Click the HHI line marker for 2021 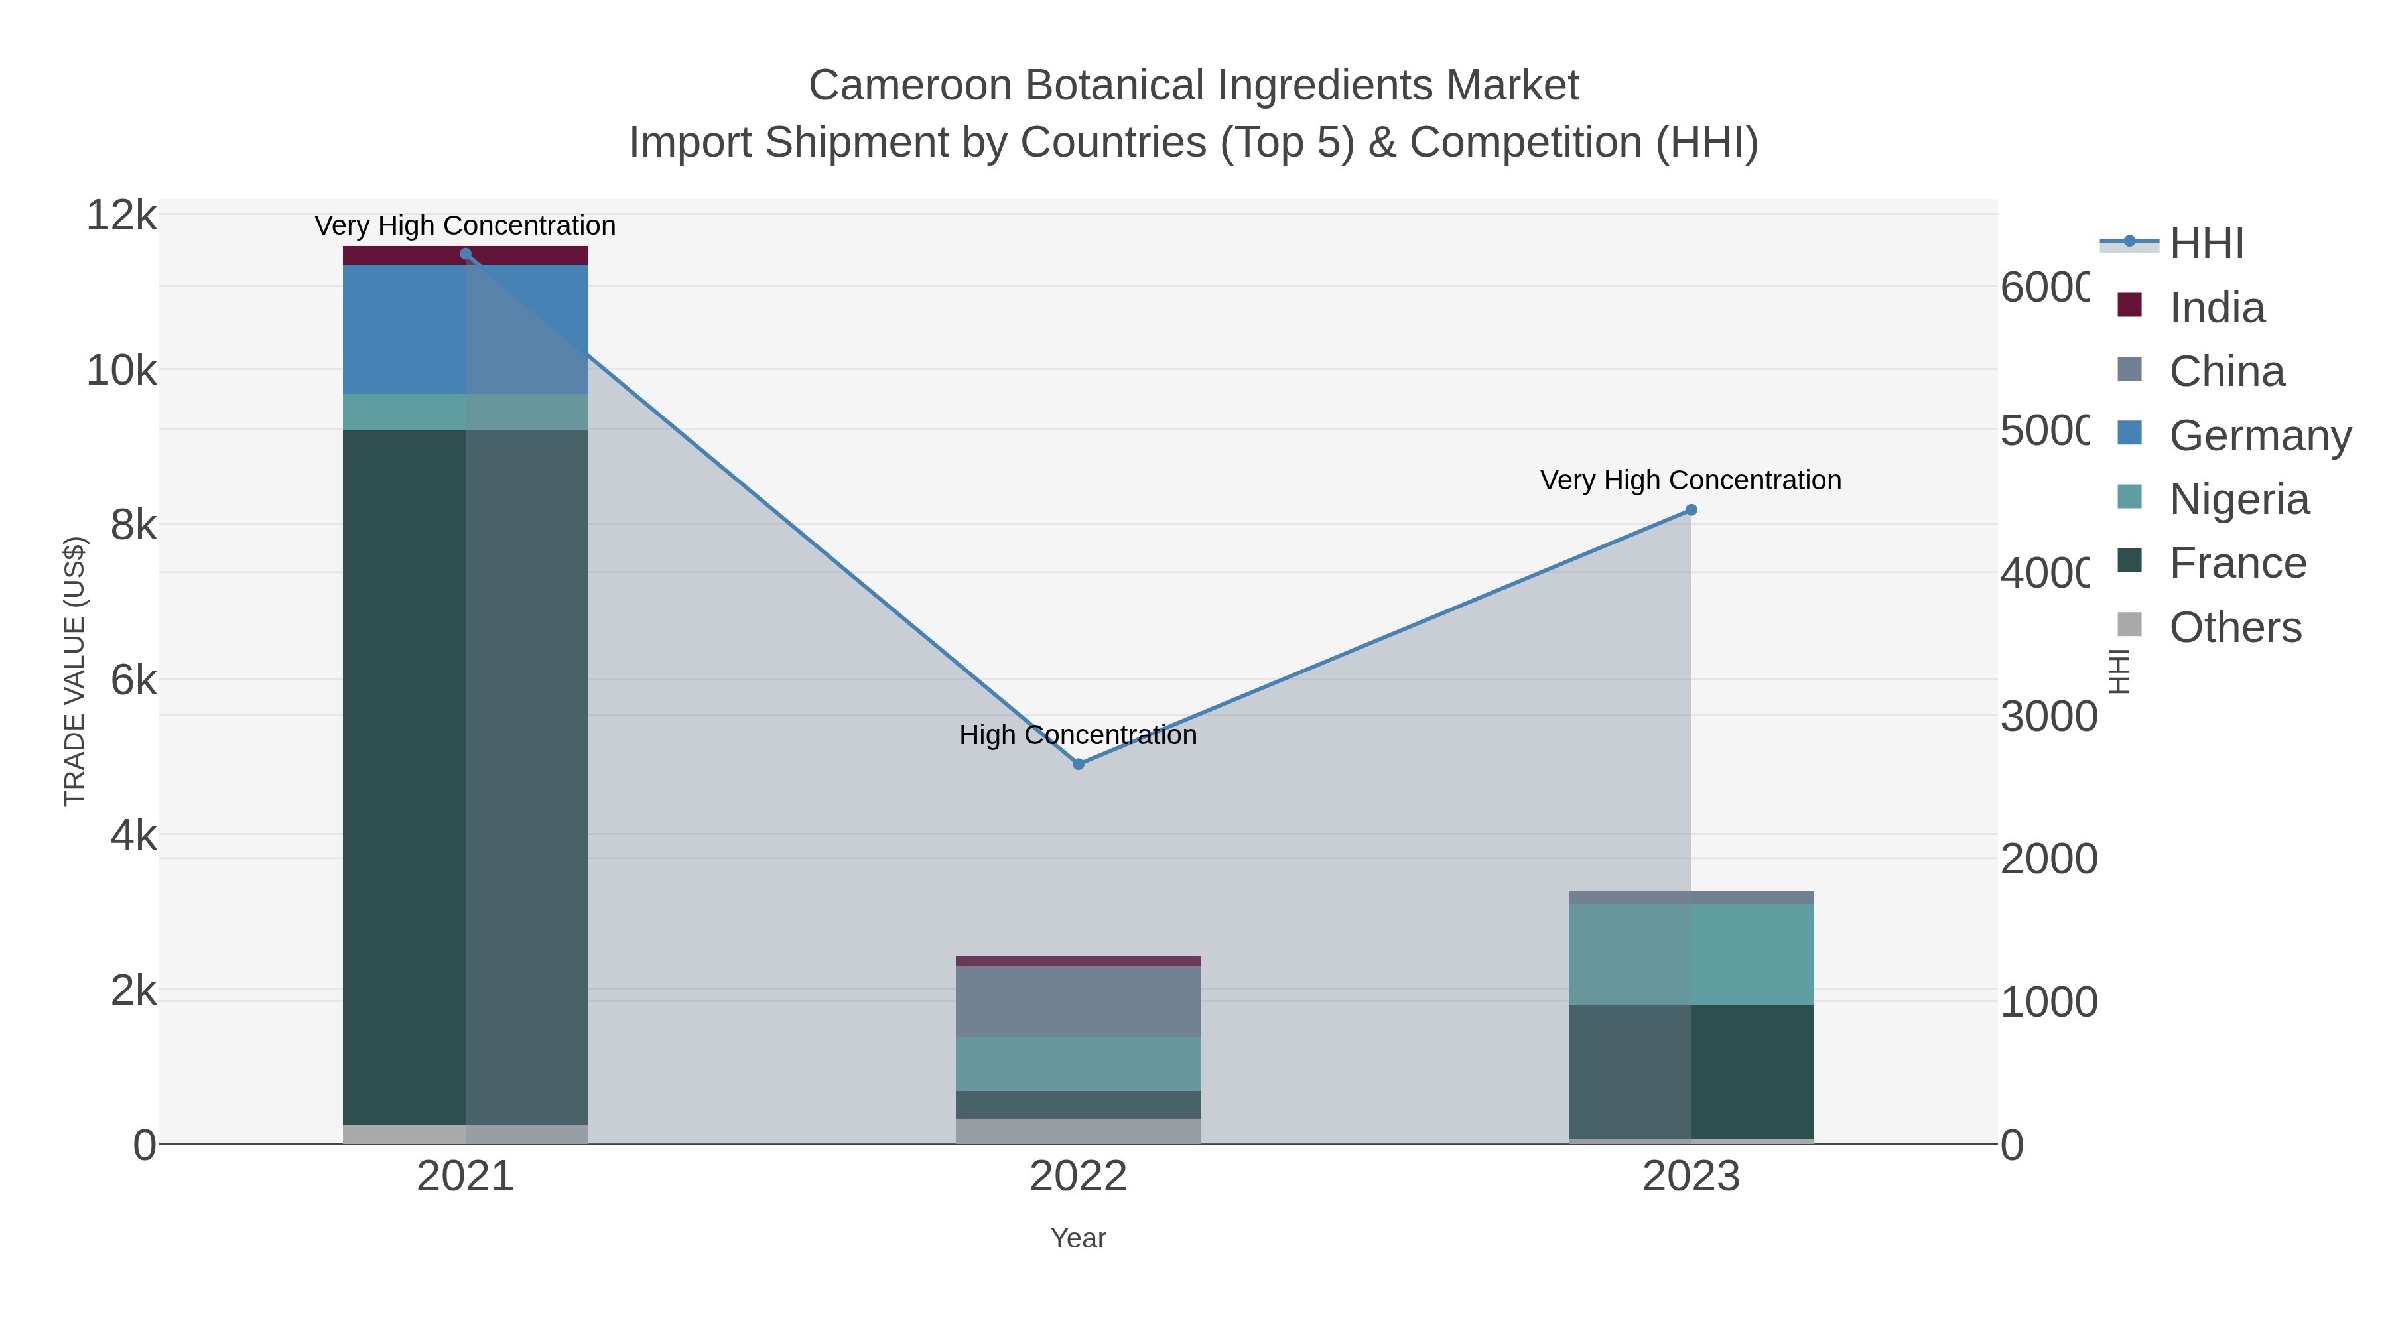pos(466,254)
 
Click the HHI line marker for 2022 pos(1078,764)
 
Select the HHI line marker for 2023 pos(1691,510)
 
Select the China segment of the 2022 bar pos(1078,1001)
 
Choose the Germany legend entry pos(2260,436)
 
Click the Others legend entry pos(2235,627)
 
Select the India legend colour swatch pos(2130,305)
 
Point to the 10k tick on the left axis pos(121,371)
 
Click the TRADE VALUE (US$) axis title pos(74,671)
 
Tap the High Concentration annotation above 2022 pos(1078,735)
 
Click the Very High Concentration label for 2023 pos(1691,480)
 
